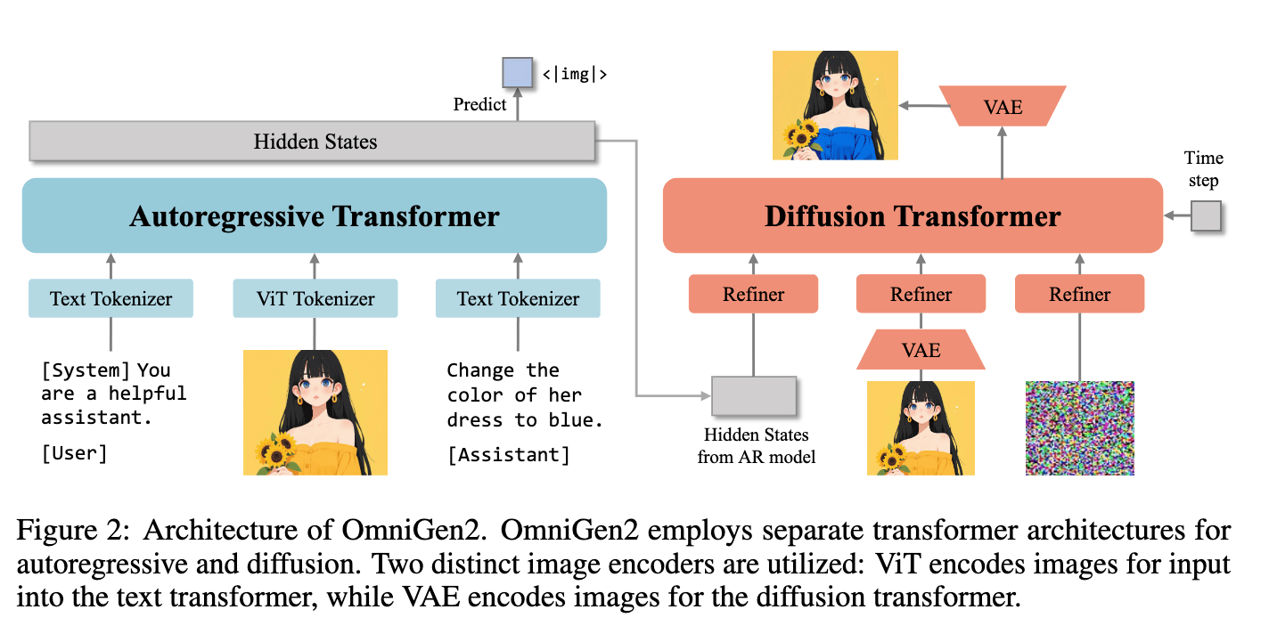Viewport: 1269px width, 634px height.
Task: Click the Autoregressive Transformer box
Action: (315, 215)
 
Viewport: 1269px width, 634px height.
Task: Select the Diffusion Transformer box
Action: (913, 215)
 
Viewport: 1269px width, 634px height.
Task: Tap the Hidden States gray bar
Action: (312, 141)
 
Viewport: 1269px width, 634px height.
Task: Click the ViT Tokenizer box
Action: (315, 298)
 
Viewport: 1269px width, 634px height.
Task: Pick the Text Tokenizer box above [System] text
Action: (111, 298)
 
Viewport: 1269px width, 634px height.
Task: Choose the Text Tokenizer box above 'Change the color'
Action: (518, 298)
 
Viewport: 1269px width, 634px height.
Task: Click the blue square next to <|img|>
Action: (517, 72)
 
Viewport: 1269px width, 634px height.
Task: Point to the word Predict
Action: (479, 104)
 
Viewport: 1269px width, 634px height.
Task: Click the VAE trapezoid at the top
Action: (1003, 106)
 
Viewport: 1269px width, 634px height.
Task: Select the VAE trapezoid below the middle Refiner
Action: (921, 350)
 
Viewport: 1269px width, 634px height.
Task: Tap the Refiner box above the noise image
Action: (1080, 294)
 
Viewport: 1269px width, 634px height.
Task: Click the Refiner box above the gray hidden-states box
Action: (754, 294)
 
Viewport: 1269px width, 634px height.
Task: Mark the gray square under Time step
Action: (1206, 215)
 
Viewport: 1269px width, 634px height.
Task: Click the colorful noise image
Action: (1080, 428)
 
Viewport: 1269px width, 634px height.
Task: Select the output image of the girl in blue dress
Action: (835, 105)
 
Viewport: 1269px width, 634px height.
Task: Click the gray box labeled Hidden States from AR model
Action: (754, 395)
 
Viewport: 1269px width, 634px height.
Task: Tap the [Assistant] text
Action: (509, 454)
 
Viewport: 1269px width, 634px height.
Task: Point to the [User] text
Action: (74, 453)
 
